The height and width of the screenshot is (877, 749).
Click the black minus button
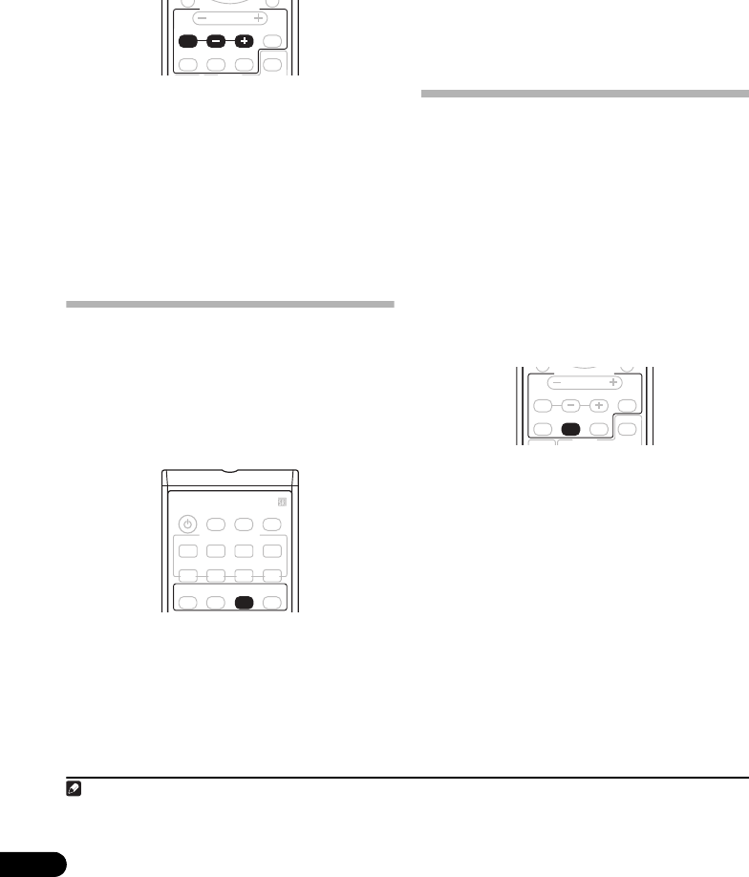click(217, 43)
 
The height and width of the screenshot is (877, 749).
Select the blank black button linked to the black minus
click(187, 43)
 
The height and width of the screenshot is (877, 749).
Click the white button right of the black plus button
click(273, 42)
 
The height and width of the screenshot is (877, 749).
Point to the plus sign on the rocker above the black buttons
click(257, 18)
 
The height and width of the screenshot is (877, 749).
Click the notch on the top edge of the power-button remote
click(230, 472)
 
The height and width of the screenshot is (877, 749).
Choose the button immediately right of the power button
click(216, 524)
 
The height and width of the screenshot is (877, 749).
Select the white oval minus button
click(571, 405)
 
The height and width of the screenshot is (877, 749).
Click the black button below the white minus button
click(572, 429)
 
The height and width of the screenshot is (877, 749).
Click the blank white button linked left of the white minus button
click(543, 405)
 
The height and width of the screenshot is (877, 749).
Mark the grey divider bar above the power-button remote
click(229, 305)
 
